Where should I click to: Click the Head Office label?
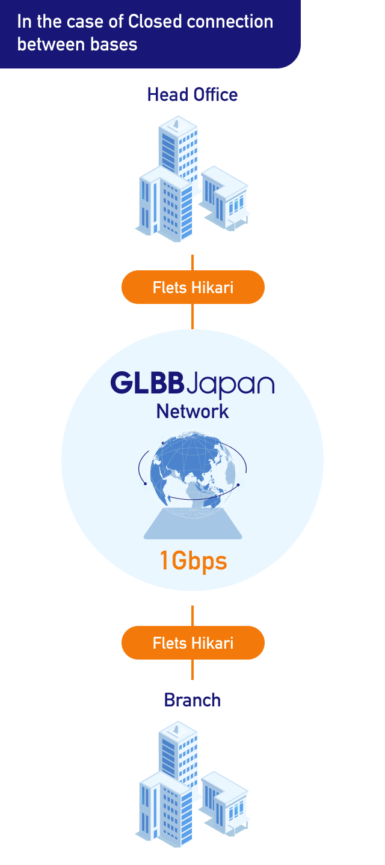[x=192, y=95]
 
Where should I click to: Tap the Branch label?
[x=192, y=700]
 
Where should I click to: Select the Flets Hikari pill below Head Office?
[x=192, y=287]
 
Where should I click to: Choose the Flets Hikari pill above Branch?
[x=192, y=643]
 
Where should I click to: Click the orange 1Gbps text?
[x=192, y=561]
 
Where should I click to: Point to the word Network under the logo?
[x=192, y=411]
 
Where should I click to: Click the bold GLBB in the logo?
[x=148, y=383]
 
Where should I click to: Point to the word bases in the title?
[x=116, y=44]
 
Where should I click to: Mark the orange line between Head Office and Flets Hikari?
[x=192, y=263]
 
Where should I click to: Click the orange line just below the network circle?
[x=192, y=616]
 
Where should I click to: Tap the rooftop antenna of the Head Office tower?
[x=176, y=124]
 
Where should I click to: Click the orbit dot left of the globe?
[x=145, y=484]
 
